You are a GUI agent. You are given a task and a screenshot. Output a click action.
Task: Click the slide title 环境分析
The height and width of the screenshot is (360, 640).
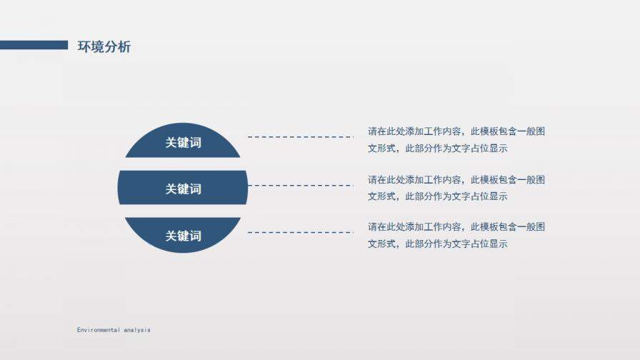point(104,47)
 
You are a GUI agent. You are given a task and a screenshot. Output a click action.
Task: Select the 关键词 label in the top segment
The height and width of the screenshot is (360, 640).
point(183,143)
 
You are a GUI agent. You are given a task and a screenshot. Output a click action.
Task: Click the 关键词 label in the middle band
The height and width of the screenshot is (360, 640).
point(183,189)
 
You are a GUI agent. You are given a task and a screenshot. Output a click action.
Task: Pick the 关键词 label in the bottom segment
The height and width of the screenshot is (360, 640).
point(183,236)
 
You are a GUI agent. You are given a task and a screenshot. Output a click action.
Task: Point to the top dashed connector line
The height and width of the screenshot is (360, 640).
point(300,136)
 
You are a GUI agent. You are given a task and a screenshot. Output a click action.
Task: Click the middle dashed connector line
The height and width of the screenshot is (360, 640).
point(300,185)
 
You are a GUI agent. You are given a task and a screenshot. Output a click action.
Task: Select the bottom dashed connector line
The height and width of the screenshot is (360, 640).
point(300,232)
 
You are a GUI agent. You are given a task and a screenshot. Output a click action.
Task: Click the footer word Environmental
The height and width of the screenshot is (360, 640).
point(98,330)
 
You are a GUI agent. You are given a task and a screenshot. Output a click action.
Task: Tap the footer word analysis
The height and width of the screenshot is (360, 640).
point(137,330)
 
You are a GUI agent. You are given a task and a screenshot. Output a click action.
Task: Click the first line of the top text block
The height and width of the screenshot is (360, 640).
point(456,131)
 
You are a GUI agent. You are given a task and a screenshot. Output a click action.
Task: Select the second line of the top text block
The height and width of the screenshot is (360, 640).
point(438,149)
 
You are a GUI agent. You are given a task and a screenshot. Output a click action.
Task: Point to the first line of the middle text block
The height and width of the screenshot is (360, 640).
point(456,179)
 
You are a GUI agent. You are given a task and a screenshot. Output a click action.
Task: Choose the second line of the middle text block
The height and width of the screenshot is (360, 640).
point(438,196)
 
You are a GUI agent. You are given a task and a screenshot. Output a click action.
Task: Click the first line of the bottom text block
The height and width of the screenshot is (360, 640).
point(456,226)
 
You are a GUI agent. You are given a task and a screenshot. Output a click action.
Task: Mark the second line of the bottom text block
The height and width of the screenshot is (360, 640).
point(438,244)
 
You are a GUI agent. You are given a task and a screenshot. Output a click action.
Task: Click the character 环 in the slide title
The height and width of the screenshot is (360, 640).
point(84,47)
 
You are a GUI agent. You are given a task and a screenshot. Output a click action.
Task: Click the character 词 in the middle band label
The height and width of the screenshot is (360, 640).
point(195,189)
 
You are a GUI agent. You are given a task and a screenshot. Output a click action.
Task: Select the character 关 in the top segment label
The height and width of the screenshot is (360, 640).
point(171,143)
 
